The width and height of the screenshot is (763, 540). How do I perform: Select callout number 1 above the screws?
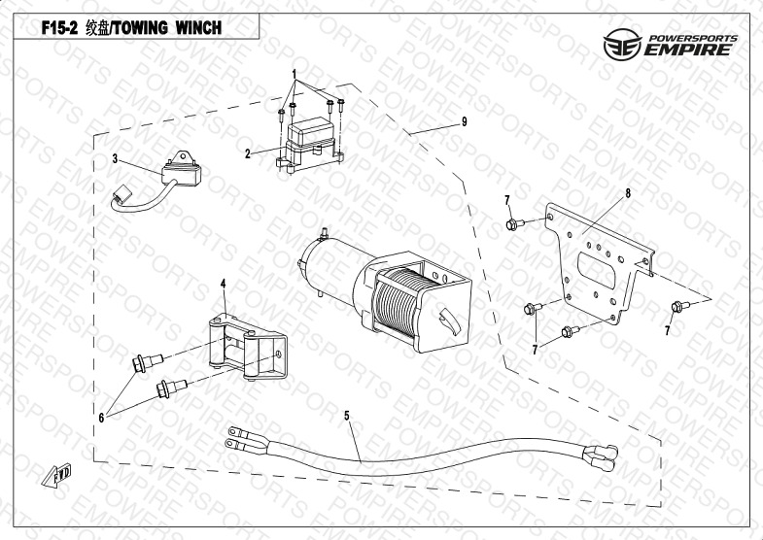coord(294,74)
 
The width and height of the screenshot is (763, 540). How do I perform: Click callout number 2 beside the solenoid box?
coord(248,153)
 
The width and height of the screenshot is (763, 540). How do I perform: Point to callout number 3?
coord(114,158)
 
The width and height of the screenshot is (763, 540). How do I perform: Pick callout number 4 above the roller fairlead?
coord(223,283)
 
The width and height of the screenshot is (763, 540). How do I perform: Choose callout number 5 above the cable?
coord(346,415)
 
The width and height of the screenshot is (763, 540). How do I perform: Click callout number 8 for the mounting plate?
coord(628,193)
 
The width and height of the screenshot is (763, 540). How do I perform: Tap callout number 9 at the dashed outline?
coord(465,121)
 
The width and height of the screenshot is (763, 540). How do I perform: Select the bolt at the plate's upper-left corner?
coord(512,225)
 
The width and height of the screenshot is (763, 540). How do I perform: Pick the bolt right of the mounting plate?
coord(677,308)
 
